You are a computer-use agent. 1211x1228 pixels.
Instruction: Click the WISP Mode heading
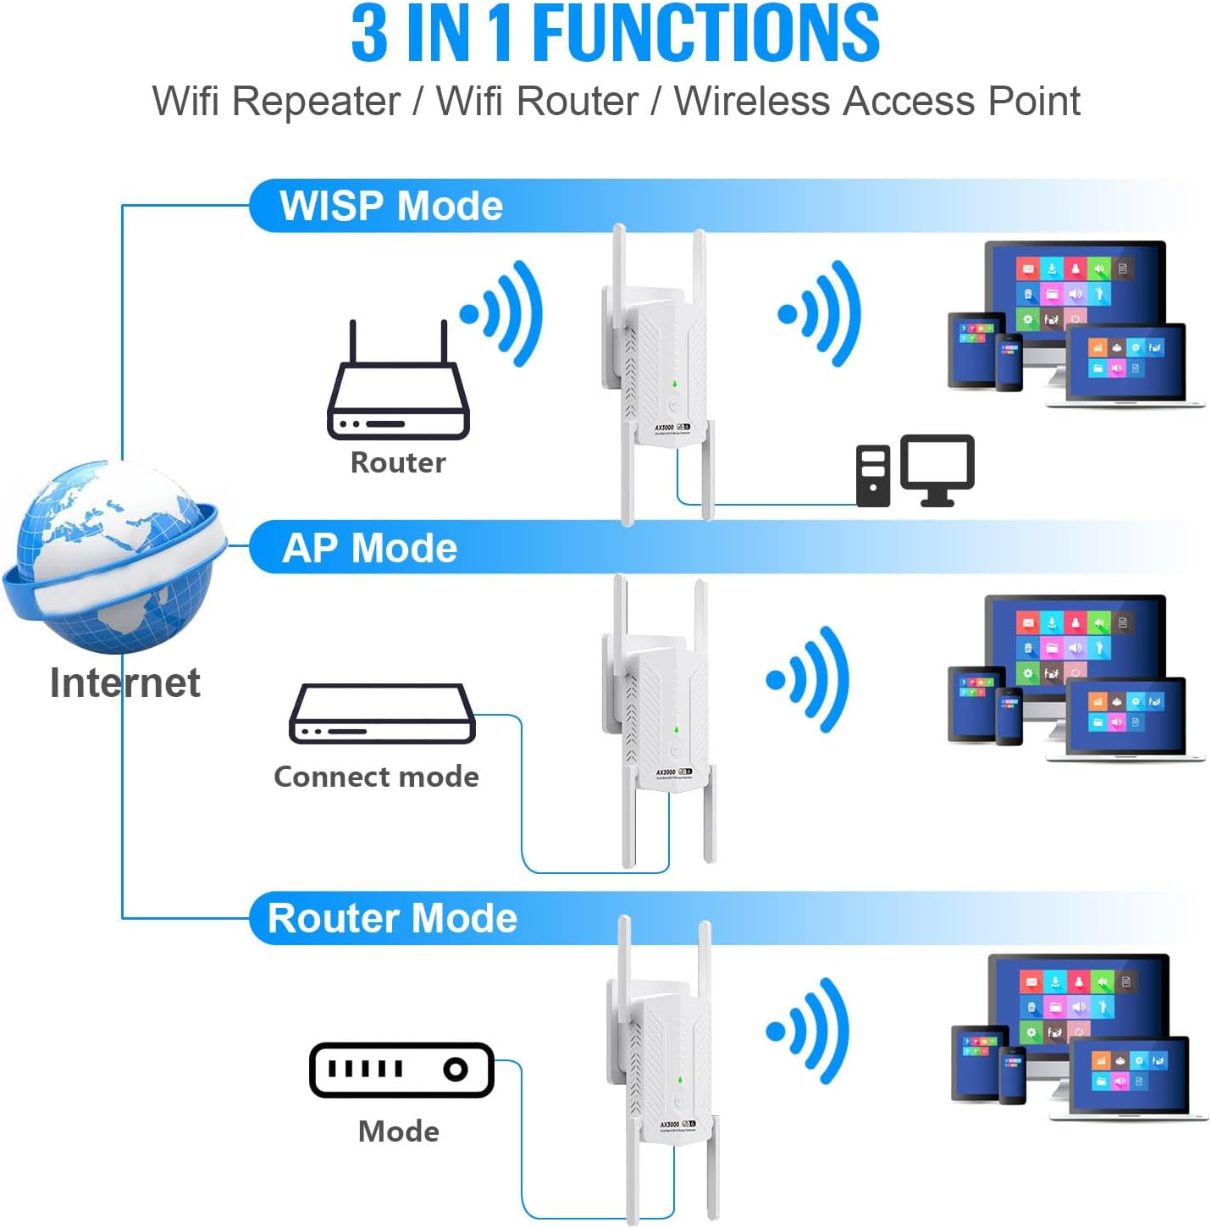click(x=391, y=206)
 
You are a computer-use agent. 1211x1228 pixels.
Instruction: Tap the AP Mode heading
click(x=369, y=548)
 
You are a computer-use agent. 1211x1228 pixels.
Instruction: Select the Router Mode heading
click(x=392, y=918)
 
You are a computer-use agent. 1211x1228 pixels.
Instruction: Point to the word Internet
click(x=125, y=683)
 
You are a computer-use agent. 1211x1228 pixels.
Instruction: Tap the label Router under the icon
click(x=398, y=462)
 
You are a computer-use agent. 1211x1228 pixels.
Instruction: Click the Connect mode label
click(x=376, y=777)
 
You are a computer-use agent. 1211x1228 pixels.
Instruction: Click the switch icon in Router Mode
click(x=401, y=1070)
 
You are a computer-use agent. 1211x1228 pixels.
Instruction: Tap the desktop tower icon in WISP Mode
click(x=873, y=475)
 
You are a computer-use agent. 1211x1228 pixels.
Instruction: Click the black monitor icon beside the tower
click(x=937, y=468)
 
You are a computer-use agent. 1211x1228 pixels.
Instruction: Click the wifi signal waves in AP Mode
click(x=808, y=679)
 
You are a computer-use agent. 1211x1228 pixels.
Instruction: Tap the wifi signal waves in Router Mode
click(x=808, y=1031)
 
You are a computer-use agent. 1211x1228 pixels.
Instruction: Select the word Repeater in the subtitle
click(x=316, y=102)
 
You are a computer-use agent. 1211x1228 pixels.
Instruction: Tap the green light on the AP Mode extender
click(x=676, y=729)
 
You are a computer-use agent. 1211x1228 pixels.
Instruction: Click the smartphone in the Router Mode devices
click(x=1013, y=1075)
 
